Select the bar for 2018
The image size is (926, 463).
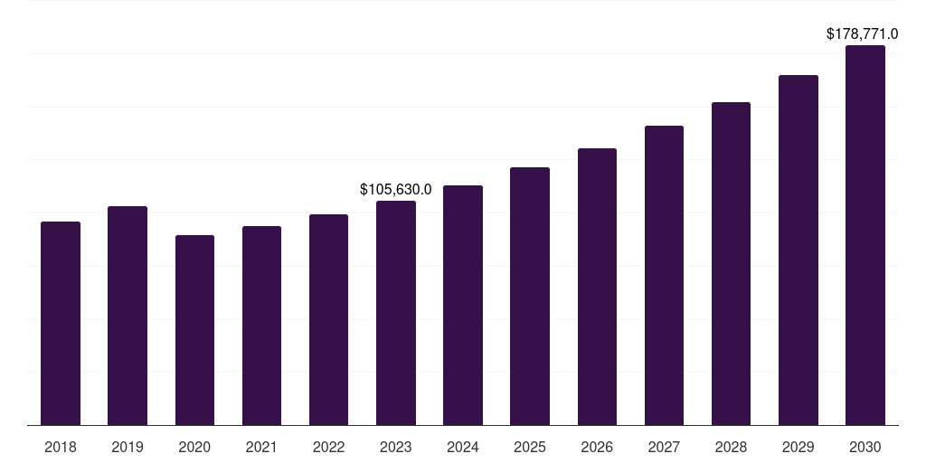pyautogui.click(x=61, y=323)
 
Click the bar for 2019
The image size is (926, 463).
pyautogui.click(x=128, y=316)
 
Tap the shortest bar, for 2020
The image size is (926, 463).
pyautogui.click(x=194, y=330)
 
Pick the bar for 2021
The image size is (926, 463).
pyautogui.click(x=261, y=326)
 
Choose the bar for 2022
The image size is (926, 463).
pyautogui.click(x=328, y=319)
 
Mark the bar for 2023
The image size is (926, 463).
pyautogui.click(x=396, y=313)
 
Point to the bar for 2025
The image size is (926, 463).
pyautogui.click(x=530, y=296)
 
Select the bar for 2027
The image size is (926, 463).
pyautogui.click(x=664, y=275)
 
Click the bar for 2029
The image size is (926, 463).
pyautogui.click(x=798, y=250)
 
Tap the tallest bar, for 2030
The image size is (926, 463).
pyautogui.click(x=865, y=235)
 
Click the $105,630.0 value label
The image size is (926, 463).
pyautogui.click(x=396, y=190)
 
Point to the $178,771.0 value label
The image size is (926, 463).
pyautogui.click(x=862, y=34)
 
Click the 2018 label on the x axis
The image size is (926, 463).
pyautogui.click(x=61, y=447)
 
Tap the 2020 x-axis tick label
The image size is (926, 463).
pyautogui.click(x=194, y=447)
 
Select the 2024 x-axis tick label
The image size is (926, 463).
pyautogui.click(x=463, y=447)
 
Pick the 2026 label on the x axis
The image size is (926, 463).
pyautogui.click(x=597, y=447)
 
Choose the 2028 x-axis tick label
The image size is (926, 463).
pyautogui.click(x=731, y=447)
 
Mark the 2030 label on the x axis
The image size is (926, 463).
pyautogui.click(x=865, y=447)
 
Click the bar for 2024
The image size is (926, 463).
pyautogui.click(x=463, y=305)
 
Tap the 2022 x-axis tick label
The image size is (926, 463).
pyautogui.click(x=328, y=447)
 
